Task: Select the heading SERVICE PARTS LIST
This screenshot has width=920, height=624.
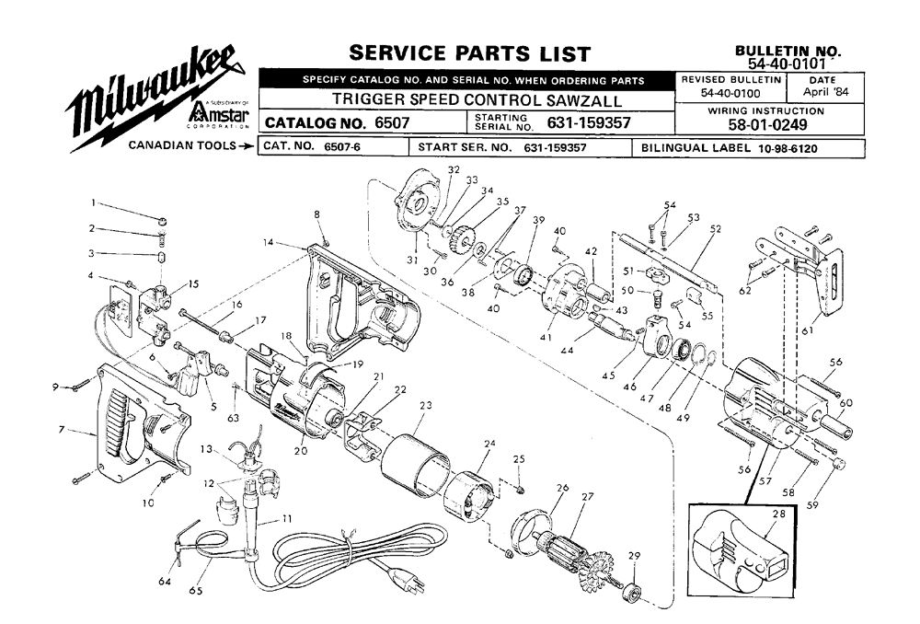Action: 469,52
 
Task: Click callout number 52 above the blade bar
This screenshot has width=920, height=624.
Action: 715,228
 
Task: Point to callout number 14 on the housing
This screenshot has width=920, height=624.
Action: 268,243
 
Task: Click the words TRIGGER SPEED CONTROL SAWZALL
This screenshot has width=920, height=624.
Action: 477,99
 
